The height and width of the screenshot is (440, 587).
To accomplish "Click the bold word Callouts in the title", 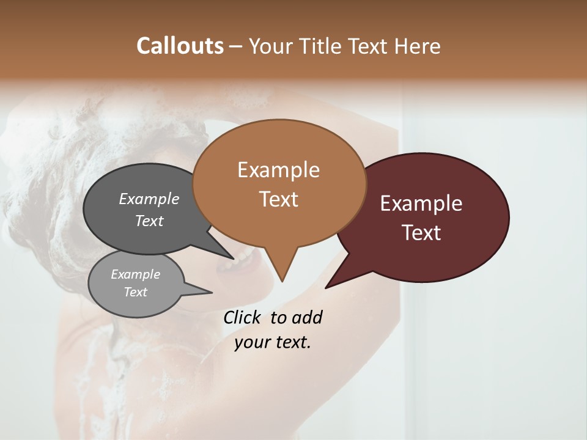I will tap(180, 46).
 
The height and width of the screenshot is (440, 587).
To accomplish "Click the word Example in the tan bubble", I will tap(278, 170).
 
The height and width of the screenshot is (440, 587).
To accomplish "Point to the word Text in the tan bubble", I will tap(278, 199).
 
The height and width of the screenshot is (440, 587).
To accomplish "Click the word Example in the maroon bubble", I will tap(421, 204).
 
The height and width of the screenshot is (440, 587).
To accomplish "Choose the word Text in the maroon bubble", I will tap(421, 233).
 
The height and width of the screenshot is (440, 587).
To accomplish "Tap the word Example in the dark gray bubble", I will tap(149, 199).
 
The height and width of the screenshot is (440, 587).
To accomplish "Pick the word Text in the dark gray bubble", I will tap(149, 221).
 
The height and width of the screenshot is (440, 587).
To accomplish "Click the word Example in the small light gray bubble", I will tap(135, 274).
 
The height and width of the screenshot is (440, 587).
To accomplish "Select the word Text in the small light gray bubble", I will tap(135, 292).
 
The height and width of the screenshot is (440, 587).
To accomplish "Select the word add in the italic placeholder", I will tap(307, 317).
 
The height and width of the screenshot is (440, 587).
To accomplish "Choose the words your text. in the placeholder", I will tap(273, 342).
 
